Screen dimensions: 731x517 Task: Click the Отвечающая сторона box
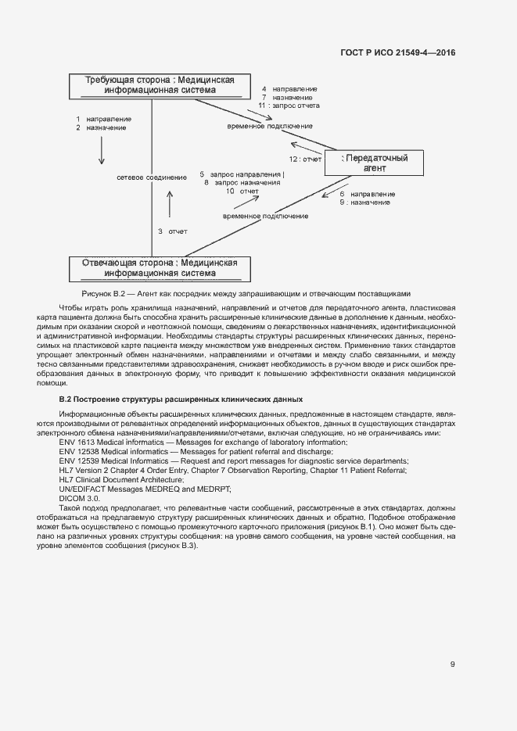pos(160,268)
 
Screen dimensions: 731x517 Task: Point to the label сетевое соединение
pos(152,177)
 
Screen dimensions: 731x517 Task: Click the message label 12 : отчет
pos(305,159)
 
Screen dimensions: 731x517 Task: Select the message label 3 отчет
pos(172,231)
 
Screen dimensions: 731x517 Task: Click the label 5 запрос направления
pos(243,174)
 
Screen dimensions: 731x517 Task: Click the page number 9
pos(452,665)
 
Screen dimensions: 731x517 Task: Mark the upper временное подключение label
pos(270,126)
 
